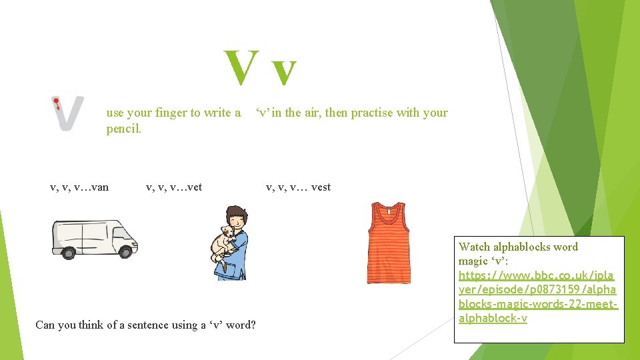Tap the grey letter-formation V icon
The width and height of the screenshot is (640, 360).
pyautogui.click(x=69, y=114)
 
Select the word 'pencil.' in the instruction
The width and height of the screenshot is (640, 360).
pyautogui.click(x=124, y=128)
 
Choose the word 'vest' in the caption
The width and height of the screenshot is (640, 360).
pyautogui.click(x=321, y=187)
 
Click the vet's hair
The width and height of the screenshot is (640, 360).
pyautogui.click(x=237, y=215)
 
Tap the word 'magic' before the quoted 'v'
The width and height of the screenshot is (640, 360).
pyautogui.click(x=473, y=261)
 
